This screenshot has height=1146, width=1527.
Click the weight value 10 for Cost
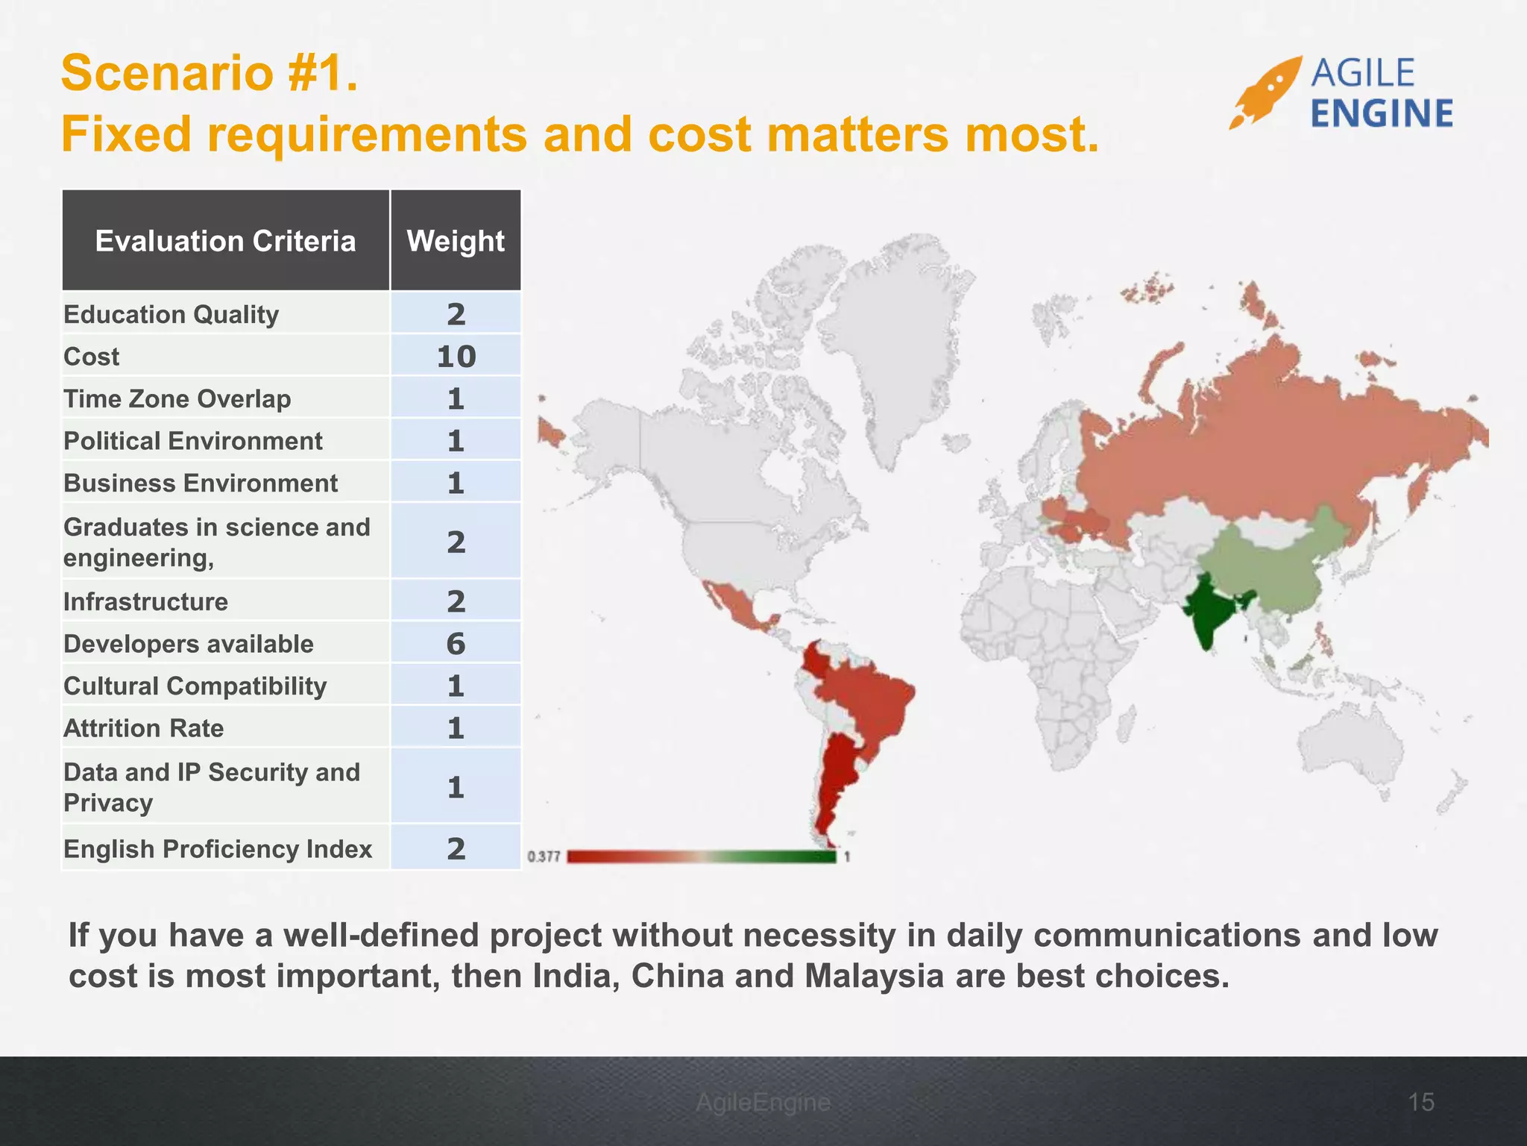tap(456, 357)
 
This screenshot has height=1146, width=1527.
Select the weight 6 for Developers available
tap(456, 644)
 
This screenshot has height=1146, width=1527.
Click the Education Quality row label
tap(171, 314)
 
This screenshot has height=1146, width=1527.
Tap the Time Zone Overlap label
tap(177, 398)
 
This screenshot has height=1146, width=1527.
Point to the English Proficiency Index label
tap(217, 848)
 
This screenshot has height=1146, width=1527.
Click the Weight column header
tap(456, 241)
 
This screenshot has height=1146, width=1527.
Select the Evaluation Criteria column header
tap(225, 241)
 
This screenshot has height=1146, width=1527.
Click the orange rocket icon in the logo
tap(1265, 93)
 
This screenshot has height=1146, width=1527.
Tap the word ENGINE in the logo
tap(1382, 114)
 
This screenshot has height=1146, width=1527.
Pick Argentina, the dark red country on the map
tap(837, 783)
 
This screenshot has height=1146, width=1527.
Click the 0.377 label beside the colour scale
tap(544, 857)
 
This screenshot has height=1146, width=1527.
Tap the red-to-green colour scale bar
tap(702, 857)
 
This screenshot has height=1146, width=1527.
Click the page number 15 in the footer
tap(1421, 1102)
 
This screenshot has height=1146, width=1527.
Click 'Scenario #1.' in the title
tap(210, 73)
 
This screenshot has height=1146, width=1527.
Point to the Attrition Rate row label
tap(143, 727)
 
